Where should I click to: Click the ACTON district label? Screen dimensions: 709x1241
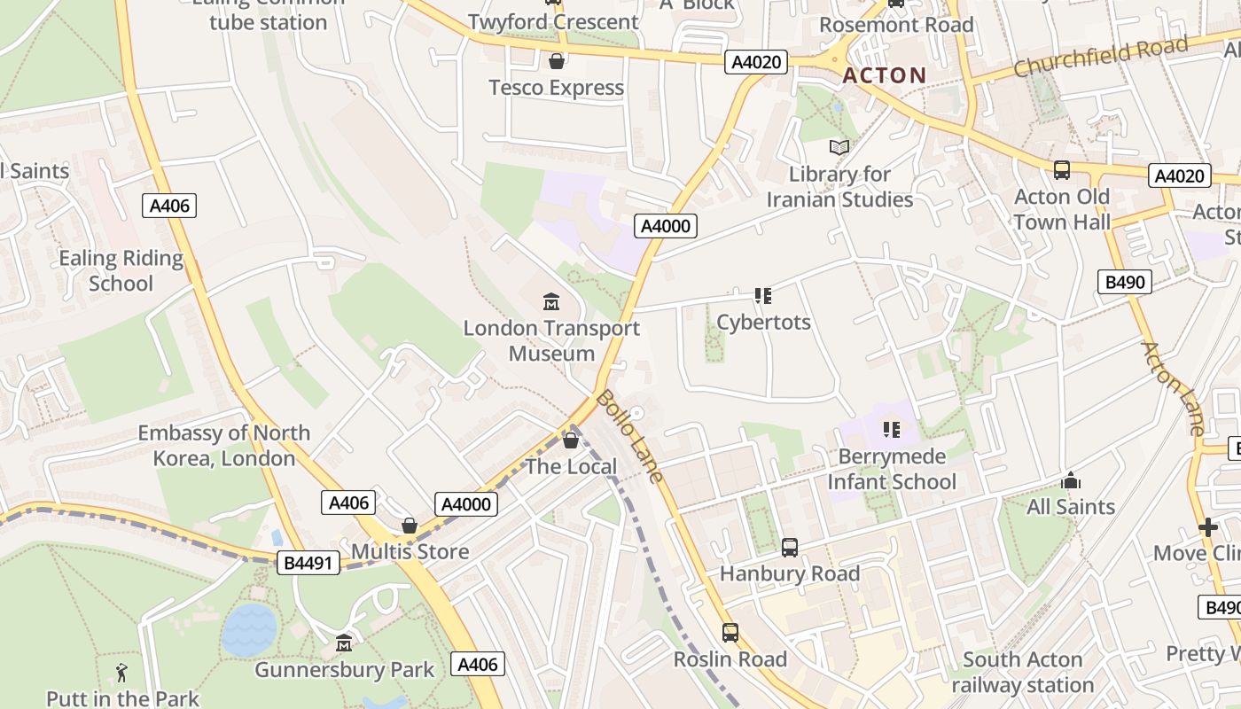coord(884,75)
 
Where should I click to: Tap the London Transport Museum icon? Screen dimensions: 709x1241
coord(551,302)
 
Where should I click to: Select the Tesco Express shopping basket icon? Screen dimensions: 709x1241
coord(557,61)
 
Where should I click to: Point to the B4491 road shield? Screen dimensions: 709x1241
coord(308,562)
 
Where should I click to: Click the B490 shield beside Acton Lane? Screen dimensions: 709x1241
coord(1125,282)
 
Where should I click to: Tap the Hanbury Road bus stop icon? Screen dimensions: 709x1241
coord(789,548)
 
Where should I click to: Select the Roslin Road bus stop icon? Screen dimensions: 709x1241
coord(730,633)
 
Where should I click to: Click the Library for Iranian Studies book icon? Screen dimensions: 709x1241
coord(839,148)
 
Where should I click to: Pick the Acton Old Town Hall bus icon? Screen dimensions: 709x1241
coord(1061,170)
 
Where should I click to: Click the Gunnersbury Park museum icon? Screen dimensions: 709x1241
coord(344,643)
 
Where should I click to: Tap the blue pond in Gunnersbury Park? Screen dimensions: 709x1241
coord(249,629)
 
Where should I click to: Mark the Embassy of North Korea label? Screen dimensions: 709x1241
coord(223,446)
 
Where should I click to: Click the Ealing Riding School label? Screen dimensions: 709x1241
coord(121,271)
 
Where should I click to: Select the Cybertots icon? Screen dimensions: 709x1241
coord(763,295)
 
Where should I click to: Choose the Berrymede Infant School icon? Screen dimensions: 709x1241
coord(891,430)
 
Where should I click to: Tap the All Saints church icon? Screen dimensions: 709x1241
coord(1070,480)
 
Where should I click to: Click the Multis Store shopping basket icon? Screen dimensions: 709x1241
coord(410,526)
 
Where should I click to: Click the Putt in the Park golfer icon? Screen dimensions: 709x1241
coord(122,672)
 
